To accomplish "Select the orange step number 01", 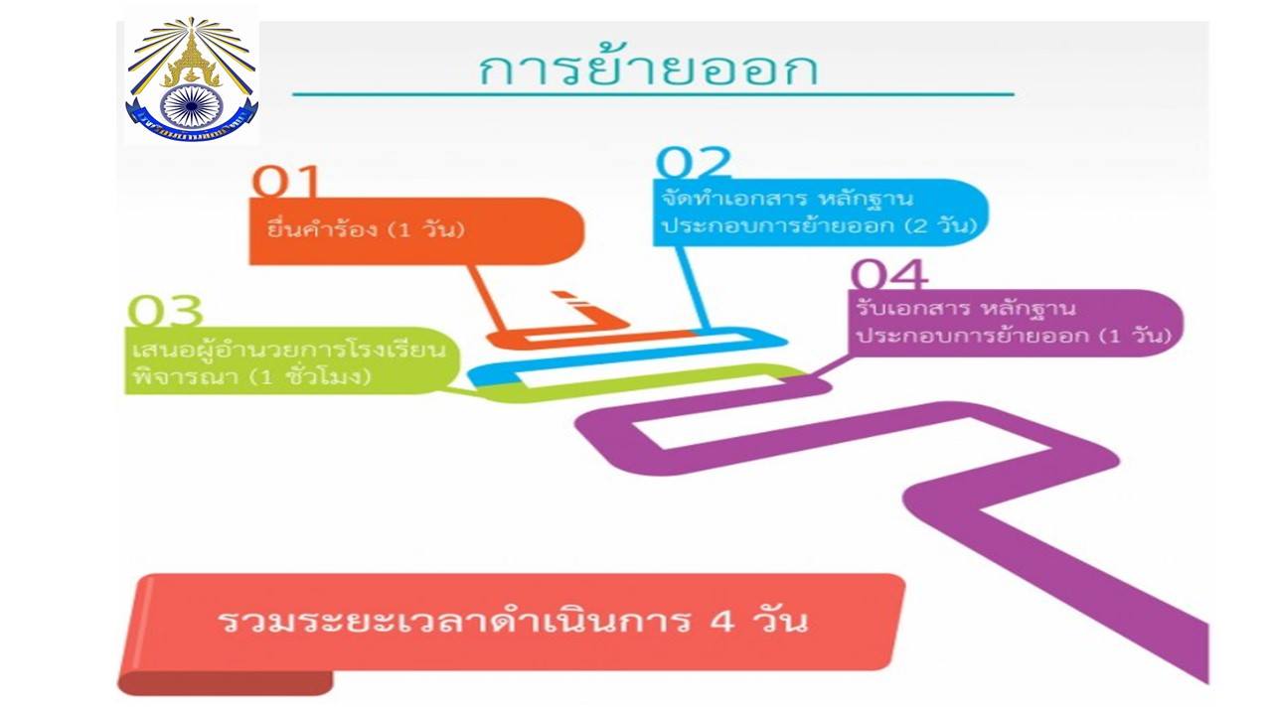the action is (285, 182).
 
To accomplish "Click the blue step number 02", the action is (693, 162).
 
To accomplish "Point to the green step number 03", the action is (165, 311).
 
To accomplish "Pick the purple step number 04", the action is (889, 275).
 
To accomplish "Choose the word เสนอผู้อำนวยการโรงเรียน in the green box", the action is (288, 349).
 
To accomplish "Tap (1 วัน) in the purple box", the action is (1135, 336).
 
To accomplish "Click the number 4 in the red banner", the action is (722, 622).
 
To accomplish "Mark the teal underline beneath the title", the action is (653, 94).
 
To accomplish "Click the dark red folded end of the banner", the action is (225, 683).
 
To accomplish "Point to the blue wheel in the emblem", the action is (192, 105).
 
